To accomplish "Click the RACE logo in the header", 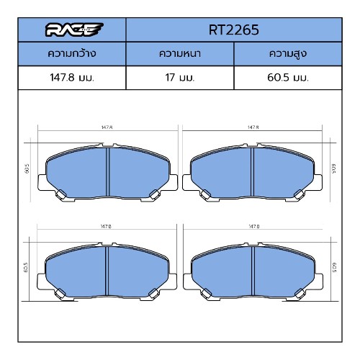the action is click(74, 30).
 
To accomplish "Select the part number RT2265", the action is click(234, 30).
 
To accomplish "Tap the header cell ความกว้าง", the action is click(72, 53).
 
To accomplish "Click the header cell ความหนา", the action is click(180, 53).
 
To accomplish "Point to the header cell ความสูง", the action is click(288, 54).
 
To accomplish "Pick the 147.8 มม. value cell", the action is click(72, 78).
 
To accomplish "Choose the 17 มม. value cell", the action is click(180, 78).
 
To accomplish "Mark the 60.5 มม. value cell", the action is click(288, 78).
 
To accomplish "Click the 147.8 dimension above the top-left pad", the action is click(107, 127).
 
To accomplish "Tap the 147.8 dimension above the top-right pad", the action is click(253, 127).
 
